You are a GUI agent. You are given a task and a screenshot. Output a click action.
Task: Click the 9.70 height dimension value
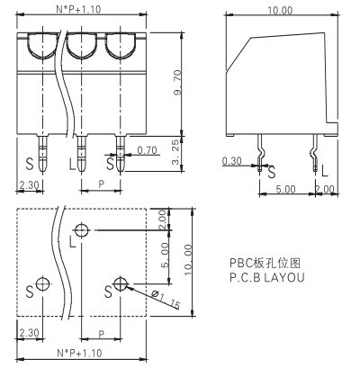pyautogui.click(x=177, y=83)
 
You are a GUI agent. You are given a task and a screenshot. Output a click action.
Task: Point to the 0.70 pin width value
pyautogui.click(x=147, y=150)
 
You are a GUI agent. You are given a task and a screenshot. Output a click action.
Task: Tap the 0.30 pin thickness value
pyautogui.click(x=231, y=161)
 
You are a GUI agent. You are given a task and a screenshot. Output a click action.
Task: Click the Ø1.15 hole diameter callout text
pyautogui.click(x=166, y=300)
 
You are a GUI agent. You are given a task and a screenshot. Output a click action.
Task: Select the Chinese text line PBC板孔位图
pyautogui.click(x=265, y=263)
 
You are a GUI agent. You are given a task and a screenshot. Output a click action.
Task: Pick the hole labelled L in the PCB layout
pyautogui.click(x=82, y=230)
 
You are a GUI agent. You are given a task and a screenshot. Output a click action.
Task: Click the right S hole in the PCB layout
pyautogui.click(x=121, y=283)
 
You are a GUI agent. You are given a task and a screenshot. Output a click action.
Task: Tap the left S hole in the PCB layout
pyautogui.click(x=42, y=283)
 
